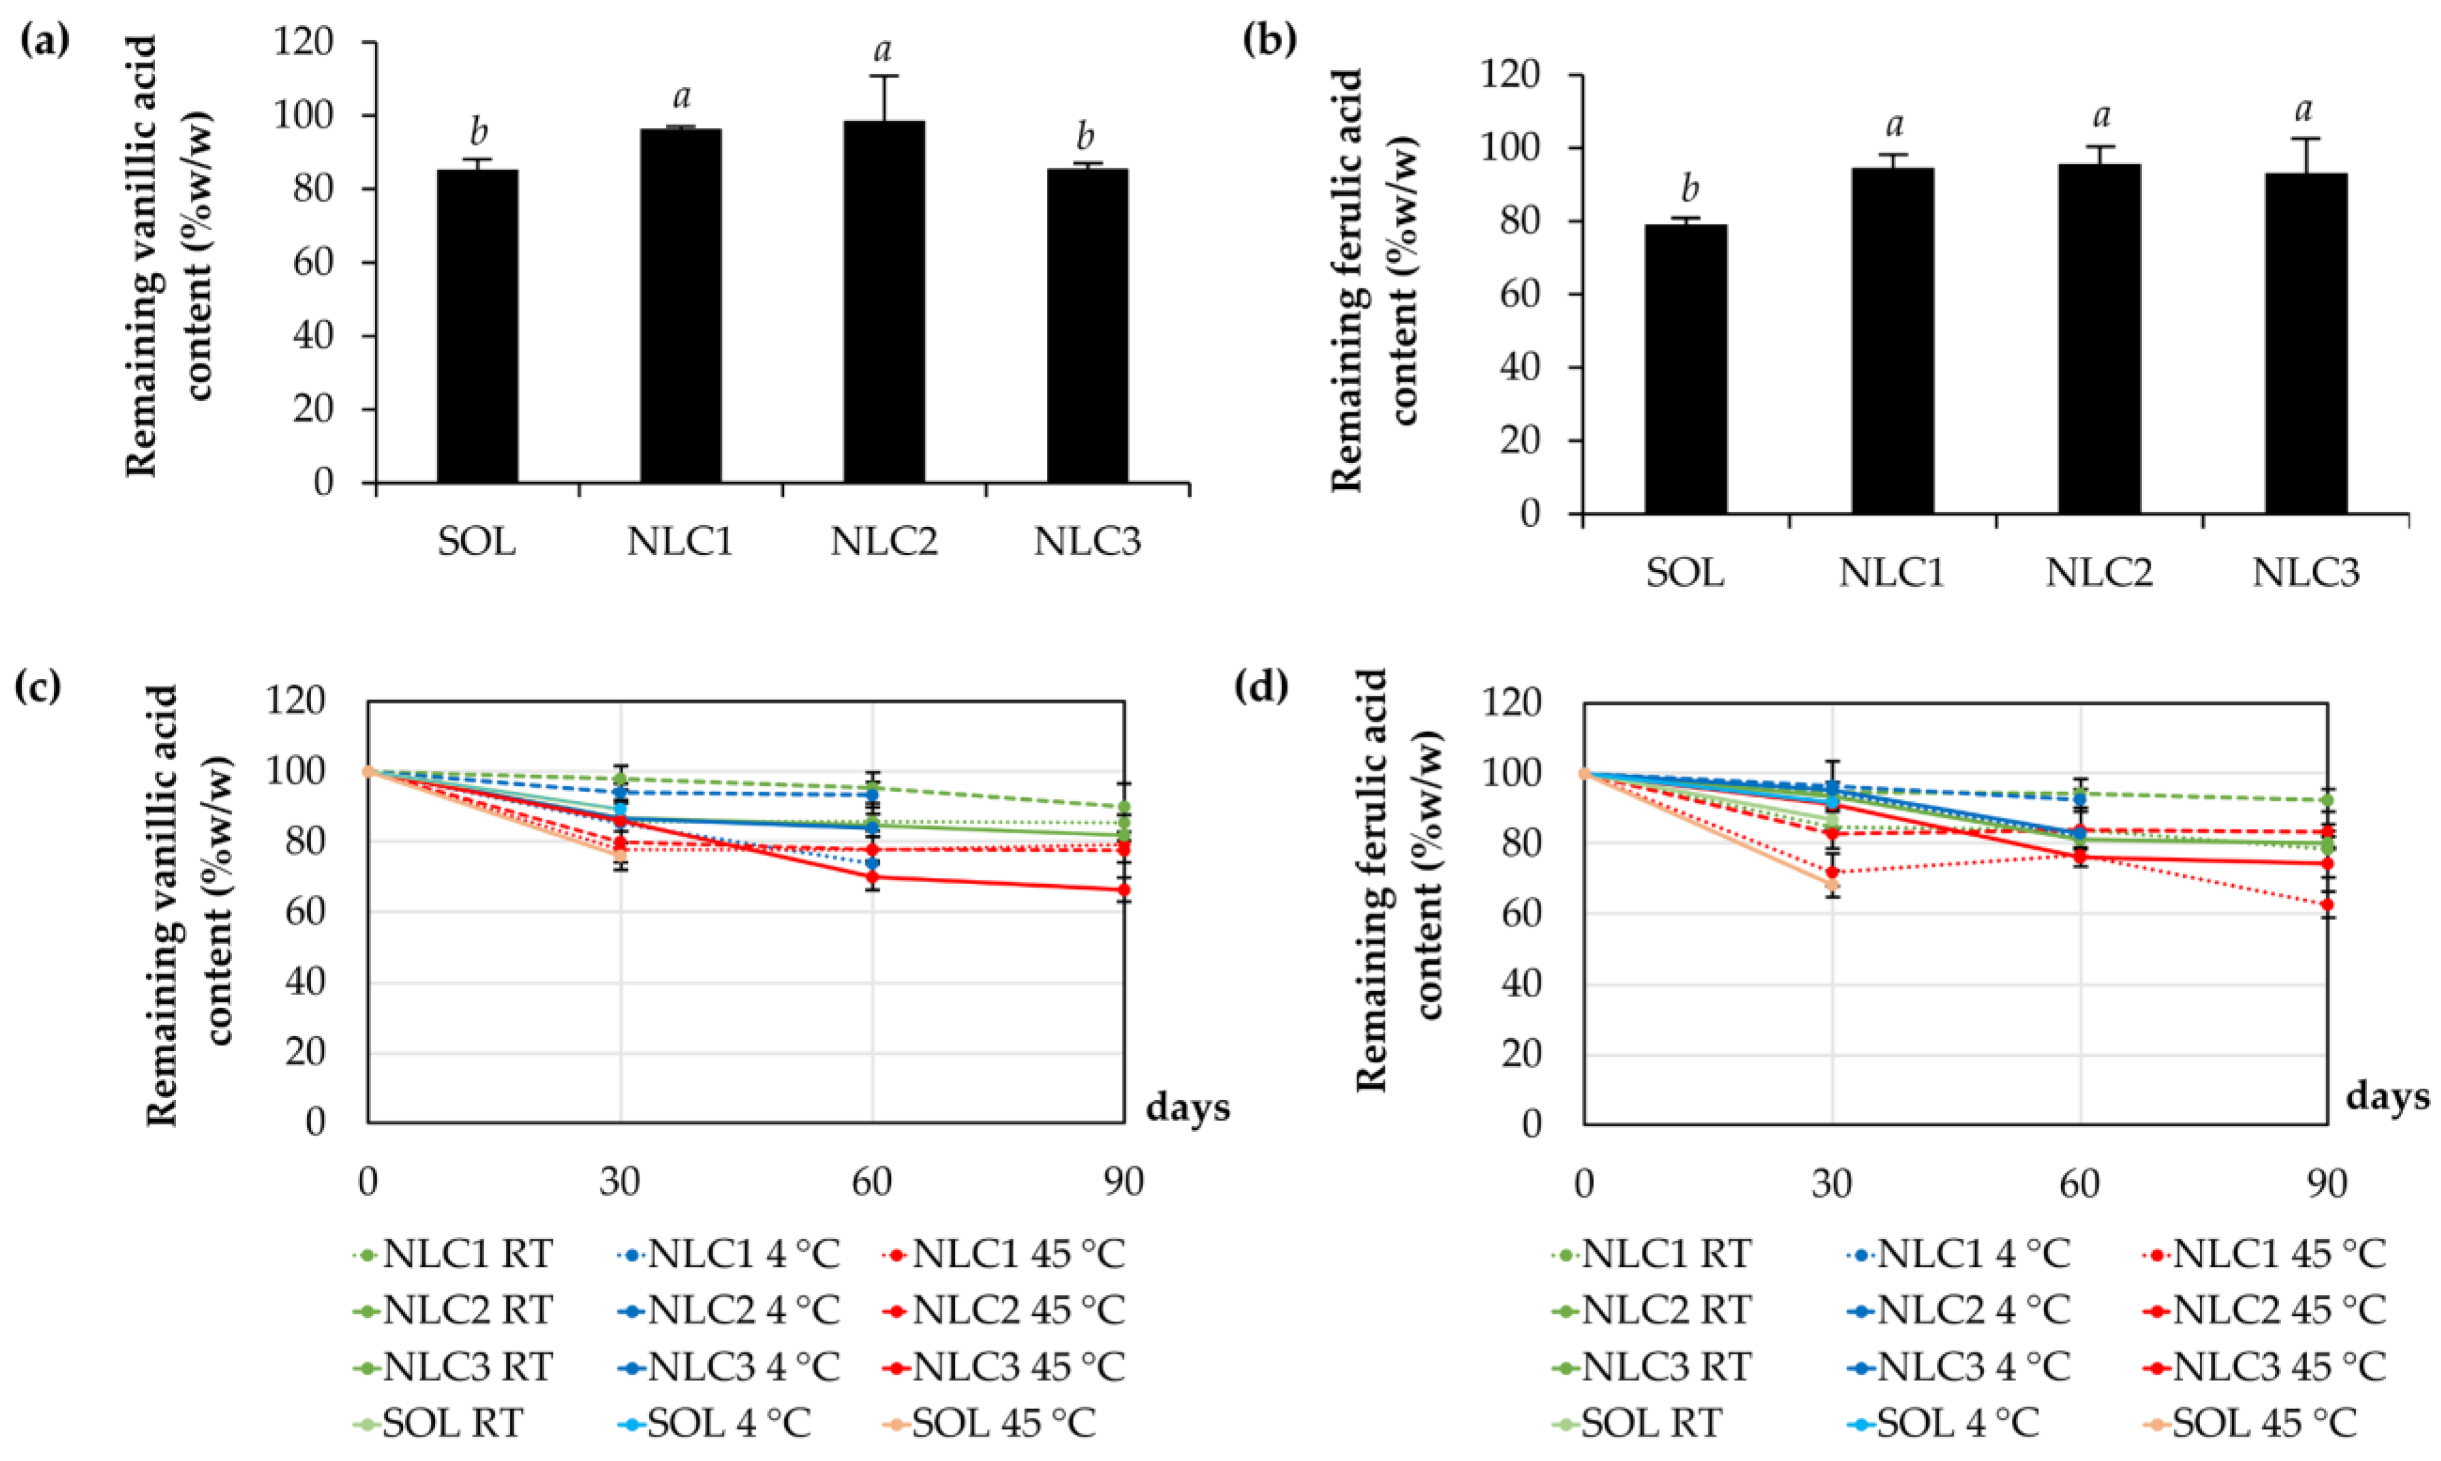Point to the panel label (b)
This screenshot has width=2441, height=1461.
coord(1270,41)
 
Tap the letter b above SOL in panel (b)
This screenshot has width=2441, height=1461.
coord(1685,188)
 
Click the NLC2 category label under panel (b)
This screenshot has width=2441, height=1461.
coord(2099,572)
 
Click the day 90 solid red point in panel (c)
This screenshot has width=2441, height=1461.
coord(1123,890)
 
